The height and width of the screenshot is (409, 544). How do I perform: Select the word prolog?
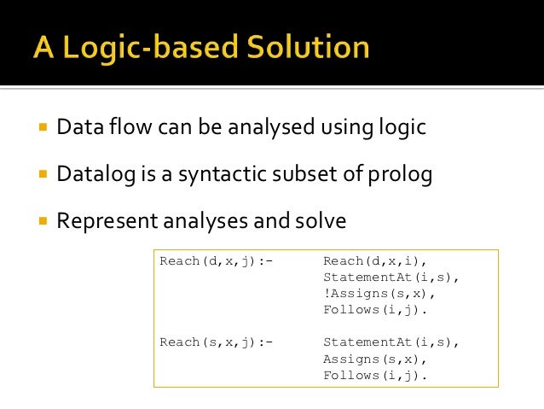click(401, 175)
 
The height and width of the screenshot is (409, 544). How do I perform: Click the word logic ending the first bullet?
click(400, 129)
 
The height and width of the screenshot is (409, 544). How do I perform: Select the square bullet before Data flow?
click(41, 129)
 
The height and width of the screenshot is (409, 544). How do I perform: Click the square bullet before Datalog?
click(41, 175)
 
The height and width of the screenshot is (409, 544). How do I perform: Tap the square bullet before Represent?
click(41, 220)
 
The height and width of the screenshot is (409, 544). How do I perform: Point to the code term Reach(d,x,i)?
click(375, 261)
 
